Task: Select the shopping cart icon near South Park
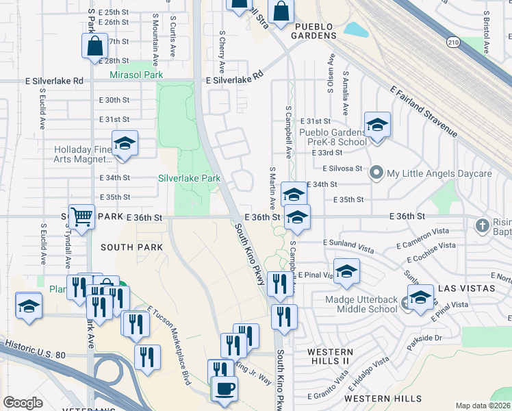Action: tap(81, 217)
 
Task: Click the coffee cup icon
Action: tap(224, 388)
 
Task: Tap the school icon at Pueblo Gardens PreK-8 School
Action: tap(377, 125)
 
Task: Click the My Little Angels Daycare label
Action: tap(439, 173)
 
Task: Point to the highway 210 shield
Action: tap(453, 42)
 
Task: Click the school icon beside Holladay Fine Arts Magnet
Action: tap(125, 144)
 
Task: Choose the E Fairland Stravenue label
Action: tap(424, 112)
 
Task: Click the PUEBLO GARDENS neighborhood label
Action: tap(306, 35)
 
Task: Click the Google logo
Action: tap(23, 403)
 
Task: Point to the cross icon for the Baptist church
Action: tap(483, 225)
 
